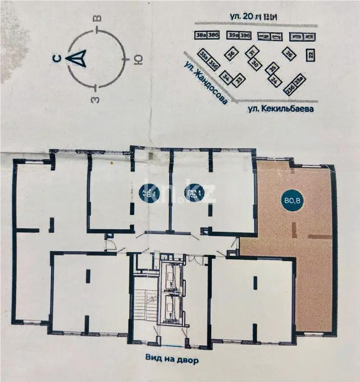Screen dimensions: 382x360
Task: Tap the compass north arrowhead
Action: (78, 59)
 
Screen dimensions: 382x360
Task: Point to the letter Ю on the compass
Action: (137, 60)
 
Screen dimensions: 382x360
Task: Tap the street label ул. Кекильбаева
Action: (280, 109)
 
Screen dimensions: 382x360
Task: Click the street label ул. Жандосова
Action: (204, 82)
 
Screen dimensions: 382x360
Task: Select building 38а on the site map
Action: (201, 35)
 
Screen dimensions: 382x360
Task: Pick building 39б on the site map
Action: (245, 35)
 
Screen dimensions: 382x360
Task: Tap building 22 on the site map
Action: (310, 54)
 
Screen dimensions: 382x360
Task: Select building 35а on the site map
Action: (204, 56)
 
